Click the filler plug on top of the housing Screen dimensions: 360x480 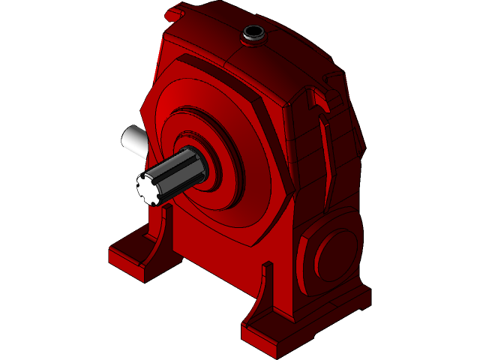[253, 34]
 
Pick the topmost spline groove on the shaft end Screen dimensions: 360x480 [152, 175]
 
